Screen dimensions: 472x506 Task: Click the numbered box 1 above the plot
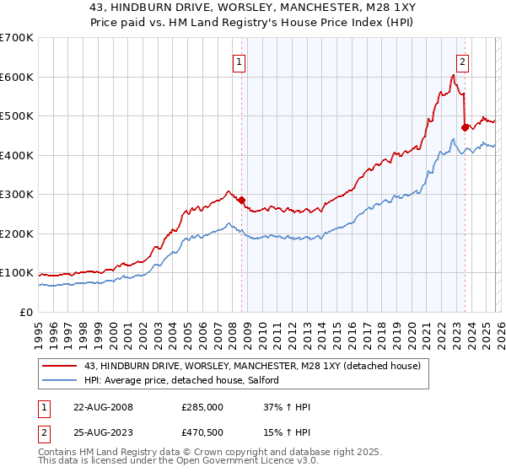[x=240, y=62]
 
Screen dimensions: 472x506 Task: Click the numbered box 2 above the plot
[x=463, y=62]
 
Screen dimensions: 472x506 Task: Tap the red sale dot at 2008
[x=241, y=201]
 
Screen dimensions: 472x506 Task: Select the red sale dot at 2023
[x=465, y=128]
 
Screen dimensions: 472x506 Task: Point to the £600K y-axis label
[x=17, y=77]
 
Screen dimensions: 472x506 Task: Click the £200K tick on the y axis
[x=17, y=233]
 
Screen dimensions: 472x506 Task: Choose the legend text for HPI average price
[x=183, y=381]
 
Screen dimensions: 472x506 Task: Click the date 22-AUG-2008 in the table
[x=102, y=407]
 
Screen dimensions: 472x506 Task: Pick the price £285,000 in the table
[x=202, y=407]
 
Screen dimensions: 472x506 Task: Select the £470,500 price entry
[x=202, y=432]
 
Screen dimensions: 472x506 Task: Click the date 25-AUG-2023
[x=102, y=432]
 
